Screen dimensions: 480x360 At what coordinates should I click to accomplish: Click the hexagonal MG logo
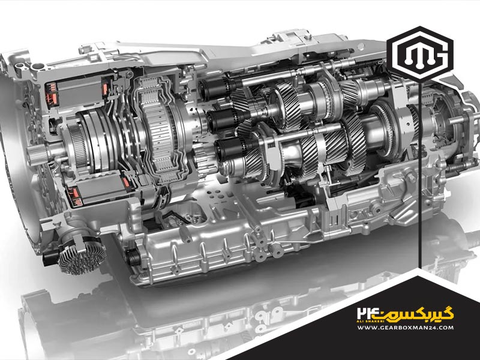pyautogui.click(x=420, y=54)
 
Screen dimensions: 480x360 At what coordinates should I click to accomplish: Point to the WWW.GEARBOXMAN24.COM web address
pyautogui.click(x=406, y=327)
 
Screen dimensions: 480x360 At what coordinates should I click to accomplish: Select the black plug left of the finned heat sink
pyautogui.click(x=50, y=259)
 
